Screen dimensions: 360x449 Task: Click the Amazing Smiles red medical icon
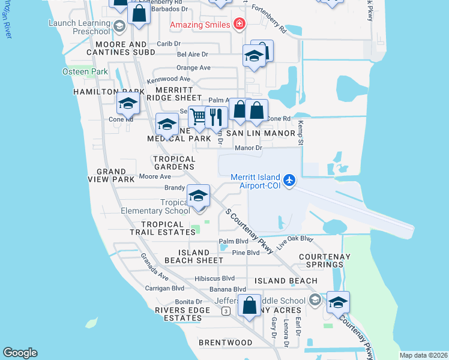pyautogui.click(x=240, y=24)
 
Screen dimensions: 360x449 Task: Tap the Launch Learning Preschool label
pyautogui.click(x=80, y=28)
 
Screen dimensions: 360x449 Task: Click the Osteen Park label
pyautogui.click(x=85, y=71)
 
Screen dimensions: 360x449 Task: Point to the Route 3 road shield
pyautogui.click(x=225, y=310)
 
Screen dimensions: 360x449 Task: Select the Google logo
pyautogui.click(x=20, y=353)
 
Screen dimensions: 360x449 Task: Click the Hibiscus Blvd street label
pyautogui.click(x=214, y=279)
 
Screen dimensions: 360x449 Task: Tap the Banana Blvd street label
pyautogui.click(x=211, y=289)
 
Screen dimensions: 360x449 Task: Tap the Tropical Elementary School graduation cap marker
pyautogui.click(x=198, y=196)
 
